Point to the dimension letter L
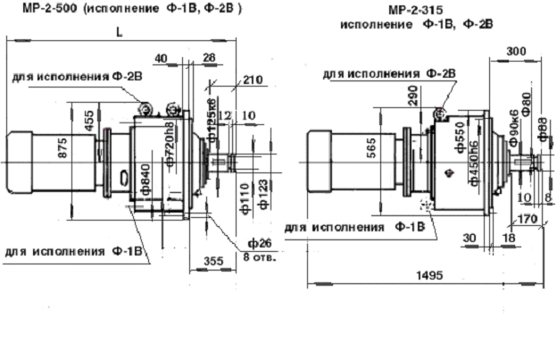coord(119,32)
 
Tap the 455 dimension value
coord(90,121)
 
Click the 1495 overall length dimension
coord(428,276)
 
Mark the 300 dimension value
coord(513,52)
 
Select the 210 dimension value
coord(253,81)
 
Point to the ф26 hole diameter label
coord(259,243)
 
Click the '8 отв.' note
coord(260,258)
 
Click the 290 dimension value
coord(412,96)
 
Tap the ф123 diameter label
coord(261,195)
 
